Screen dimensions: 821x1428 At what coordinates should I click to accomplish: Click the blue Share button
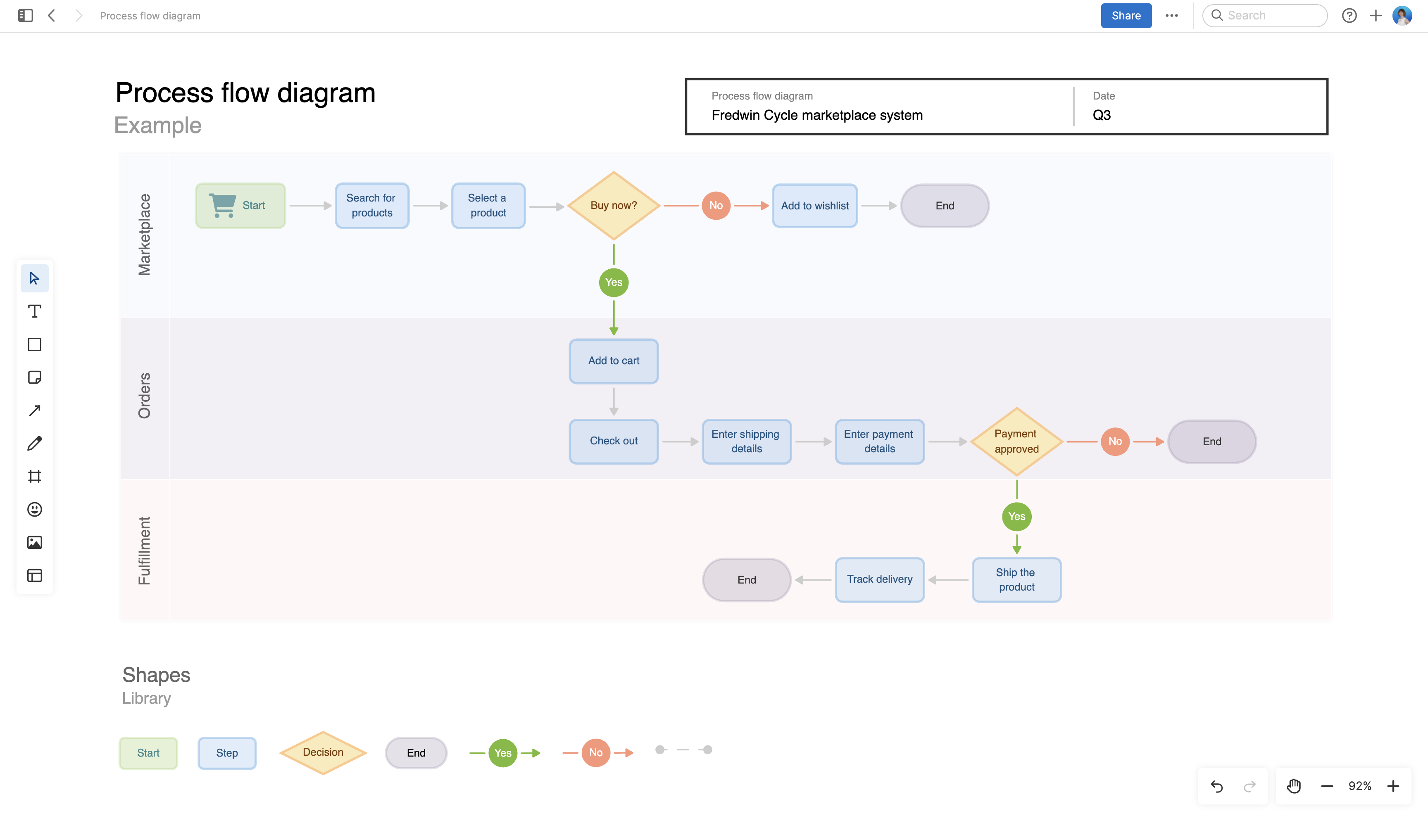pyautogui.click(x=1125, y=16)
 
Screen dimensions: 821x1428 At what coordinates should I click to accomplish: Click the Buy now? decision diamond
pyautogui.click(x=613, y=205)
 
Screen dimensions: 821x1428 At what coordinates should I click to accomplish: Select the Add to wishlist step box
pyautogui.click(x=814, y=206)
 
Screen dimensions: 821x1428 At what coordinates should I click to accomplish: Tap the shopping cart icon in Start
pyautogui.click(x=223, y=205)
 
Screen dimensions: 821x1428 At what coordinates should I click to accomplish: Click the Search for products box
pyautogui.click(x=371, y=205)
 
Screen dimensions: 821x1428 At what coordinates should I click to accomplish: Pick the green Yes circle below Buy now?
pyautogui.click(x=613, y=282)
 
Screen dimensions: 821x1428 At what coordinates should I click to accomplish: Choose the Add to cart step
pyautogui.click(x=613, y=361)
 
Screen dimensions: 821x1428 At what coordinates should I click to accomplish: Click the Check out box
pyautogui.click(x=613, y=441)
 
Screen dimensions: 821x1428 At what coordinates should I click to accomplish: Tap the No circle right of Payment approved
pyautogui.click(x=1114, y=441)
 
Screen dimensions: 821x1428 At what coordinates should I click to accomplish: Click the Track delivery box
pyautogui.click(x=879, y=579)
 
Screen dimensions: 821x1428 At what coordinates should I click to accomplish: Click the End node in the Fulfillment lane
pyautogui.click(x=746, y=580)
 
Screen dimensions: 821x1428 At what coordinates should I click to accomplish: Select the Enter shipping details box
pyautogui.click(x=746, y=441)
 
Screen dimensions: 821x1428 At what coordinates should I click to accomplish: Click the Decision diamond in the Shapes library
pyautogui.click(x=323, y=752)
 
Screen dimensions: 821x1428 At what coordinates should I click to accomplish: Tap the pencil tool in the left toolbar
pyautogui.click(x=34, y=443)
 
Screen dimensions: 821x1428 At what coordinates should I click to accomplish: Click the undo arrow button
pyautogui.click(x=1216, y=786)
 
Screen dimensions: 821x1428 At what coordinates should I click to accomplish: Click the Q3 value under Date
pyautogui.click(x=1102, y=115)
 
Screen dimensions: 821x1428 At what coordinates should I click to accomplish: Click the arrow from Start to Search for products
pyautogui.click(x=310, y=206)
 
